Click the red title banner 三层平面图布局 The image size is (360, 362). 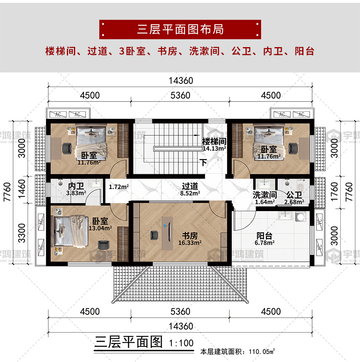coord(180,29)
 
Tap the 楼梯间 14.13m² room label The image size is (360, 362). coord(214,145)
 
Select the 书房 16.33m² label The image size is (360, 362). coord(190,239)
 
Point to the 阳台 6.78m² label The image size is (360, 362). coord(265,239)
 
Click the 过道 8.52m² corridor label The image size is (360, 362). coord(190,189)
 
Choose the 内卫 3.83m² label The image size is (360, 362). coord(76,189)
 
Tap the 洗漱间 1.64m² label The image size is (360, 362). coord(265,198)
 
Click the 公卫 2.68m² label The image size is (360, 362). coord(294,198)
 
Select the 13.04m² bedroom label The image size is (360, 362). coord(100,224)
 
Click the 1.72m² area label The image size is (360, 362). coord(119,187)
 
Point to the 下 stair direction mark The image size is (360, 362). coord(203,162)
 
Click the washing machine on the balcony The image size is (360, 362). coord(301,217)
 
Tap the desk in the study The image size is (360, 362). coord(167,233)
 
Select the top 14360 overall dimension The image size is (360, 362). coord(181,80)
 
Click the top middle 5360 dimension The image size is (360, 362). coord(180,95)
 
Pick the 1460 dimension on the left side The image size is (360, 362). coord(22,189)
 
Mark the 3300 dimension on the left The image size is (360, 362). coord(22,233)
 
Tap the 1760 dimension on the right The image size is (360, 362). coord(334,192)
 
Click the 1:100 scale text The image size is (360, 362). coord(181,343)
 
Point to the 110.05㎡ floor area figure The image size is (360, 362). coord(262,352)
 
